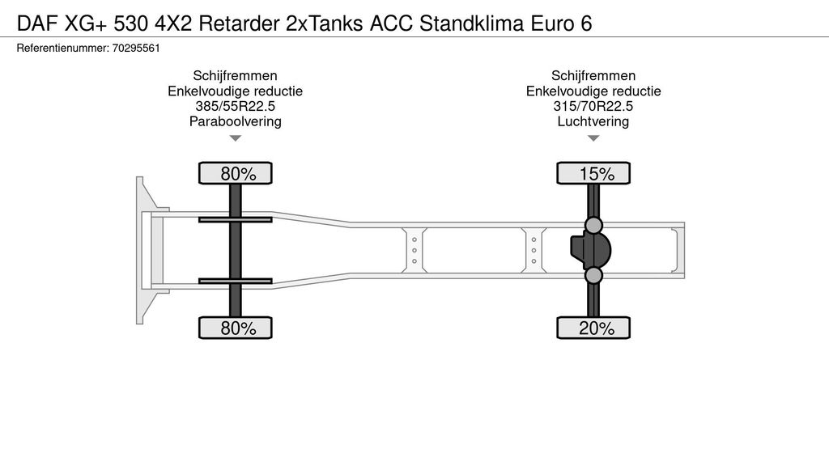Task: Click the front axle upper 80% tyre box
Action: coord(236,173)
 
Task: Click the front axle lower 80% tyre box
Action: coord(236,328)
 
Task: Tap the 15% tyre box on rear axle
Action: coord(593,173)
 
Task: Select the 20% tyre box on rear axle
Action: coord(593,328)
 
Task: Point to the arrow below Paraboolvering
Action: coord(236,138)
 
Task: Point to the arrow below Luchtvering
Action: coord(593,138)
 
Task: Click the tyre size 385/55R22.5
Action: coord(236,107)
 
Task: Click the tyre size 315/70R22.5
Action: coord(593,107)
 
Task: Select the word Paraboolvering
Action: coord(236,122)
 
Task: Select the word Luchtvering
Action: coord(593,122)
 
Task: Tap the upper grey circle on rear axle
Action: coord(593,225)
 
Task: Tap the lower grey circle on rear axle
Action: coord(593,276)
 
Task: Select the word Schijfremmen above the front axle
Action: coord(236,76)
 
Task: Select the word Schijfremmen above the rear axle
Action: coord(593,76)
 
